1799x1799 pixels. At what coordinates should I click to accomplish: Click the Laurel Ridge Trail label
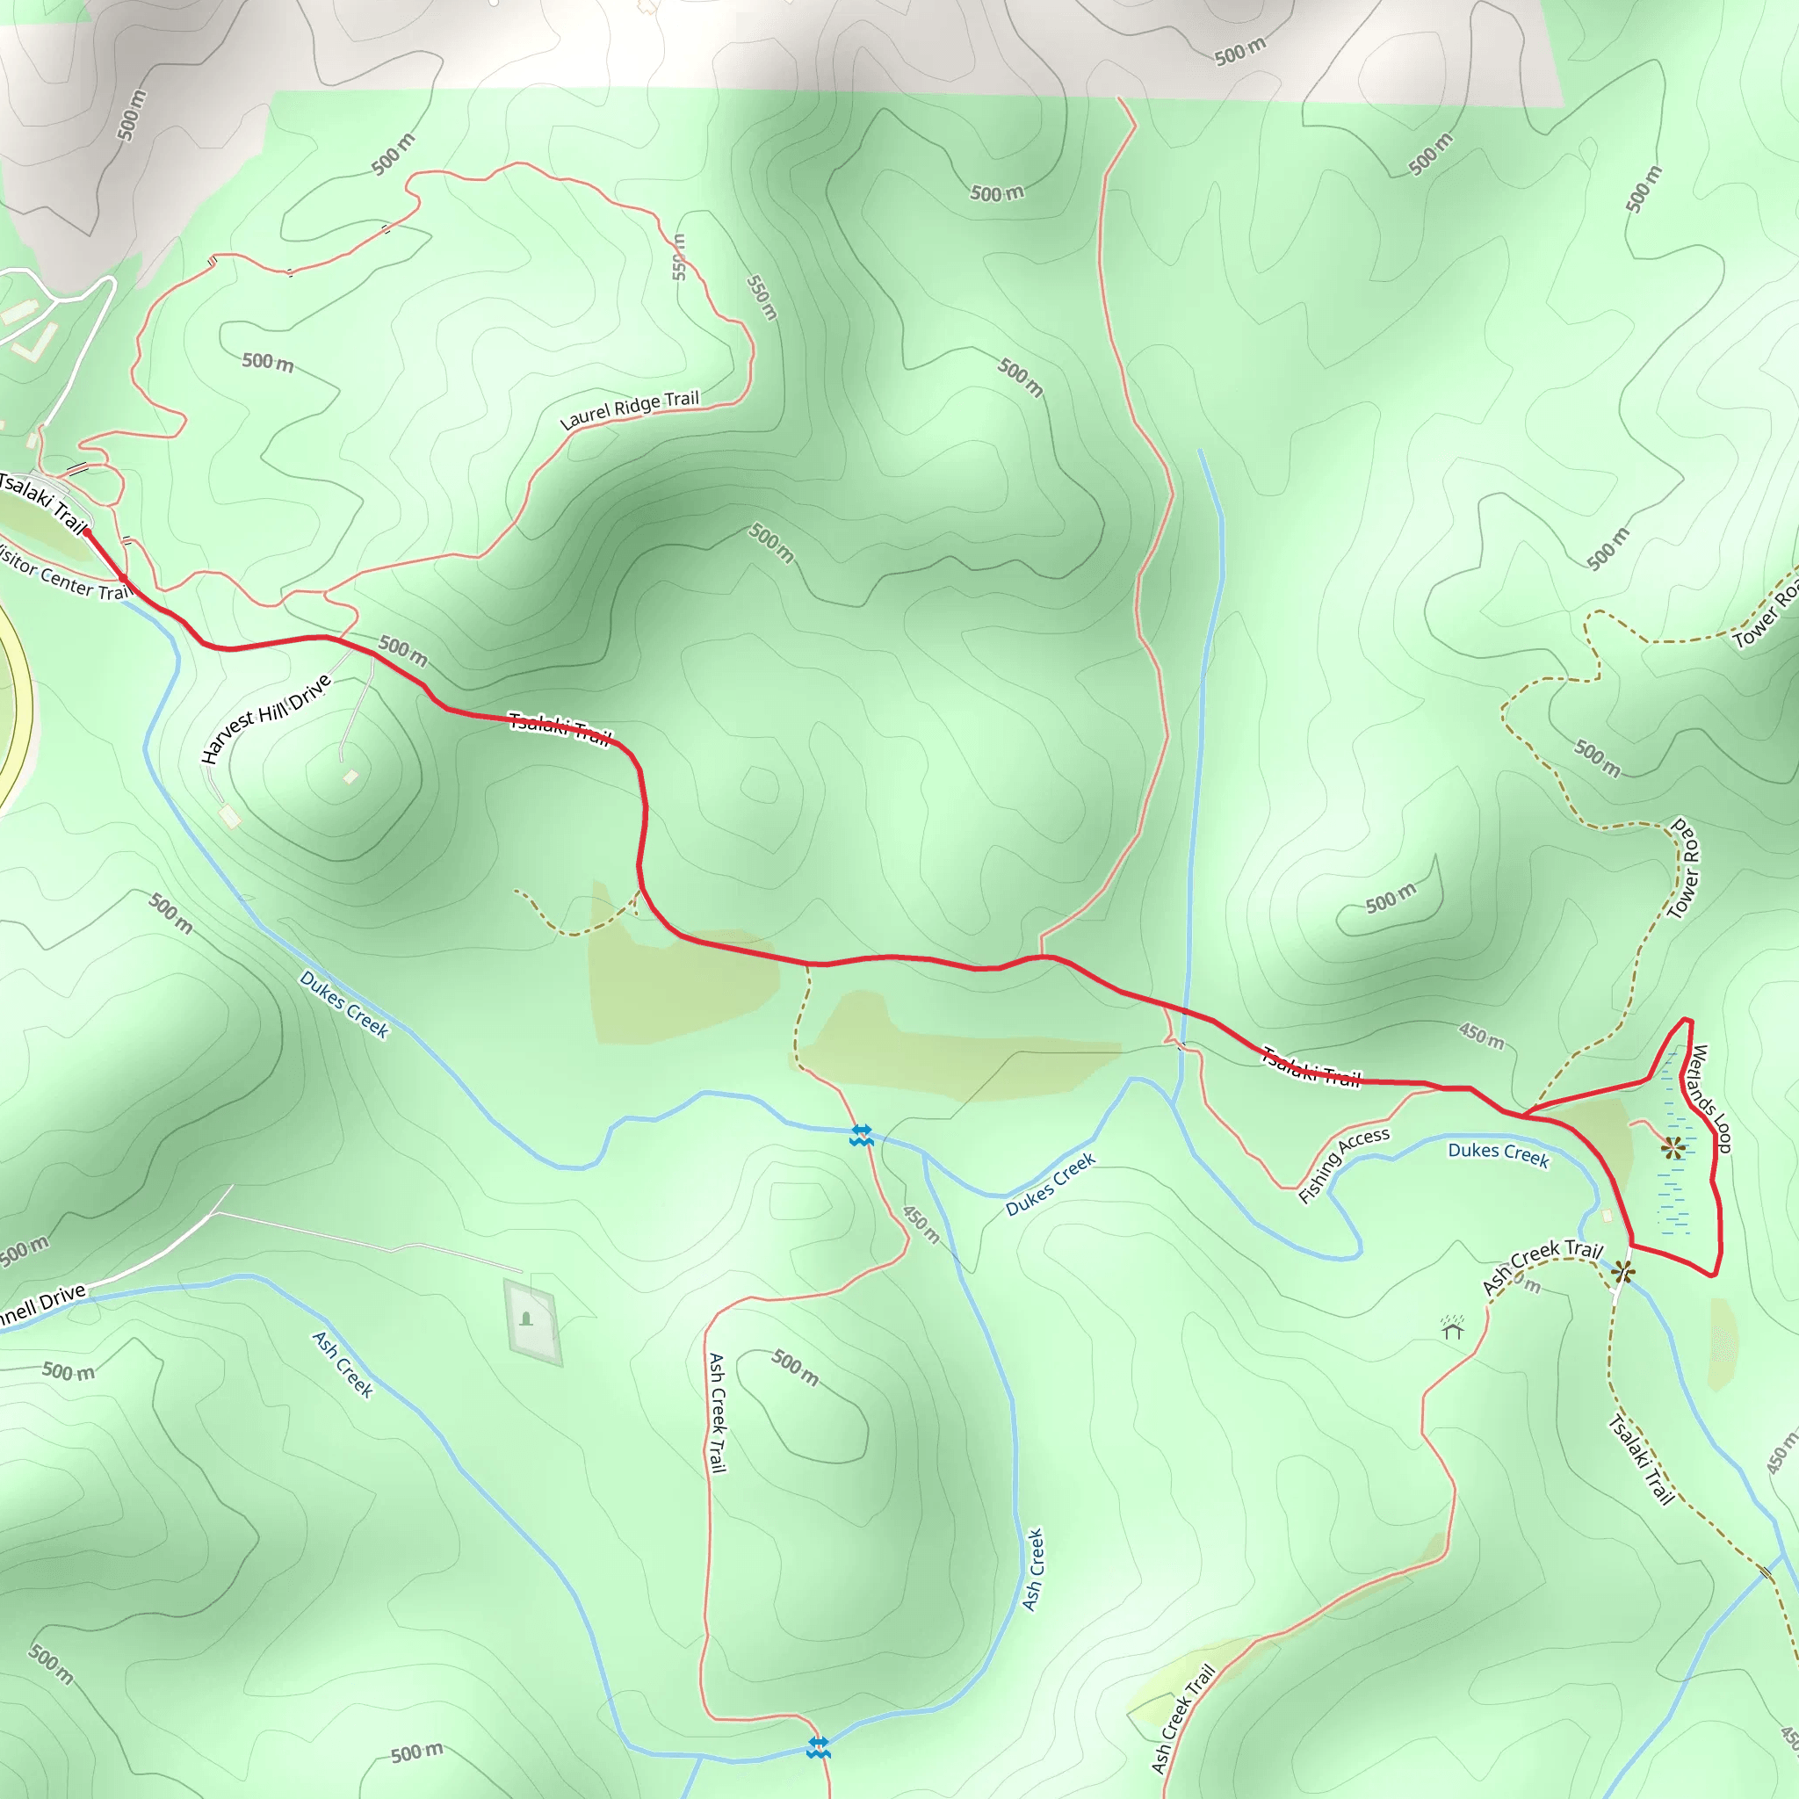click(x=630, y=409)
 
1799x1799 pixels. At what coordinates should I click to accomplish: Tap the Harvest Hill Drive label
click(x=267, y=719)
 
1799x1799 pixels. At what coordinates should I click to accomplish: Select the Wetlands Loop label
click(x=1710, y=1099)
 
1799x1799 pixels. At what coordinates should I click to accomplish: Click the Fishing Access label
click(x=1344, y=1164)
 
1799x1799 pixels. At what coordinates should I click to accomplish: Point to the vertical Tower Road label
click(x=1685, y=869)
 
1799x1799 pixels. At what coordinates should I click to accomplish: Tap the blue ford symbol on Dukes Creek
click(x=862, y=1135)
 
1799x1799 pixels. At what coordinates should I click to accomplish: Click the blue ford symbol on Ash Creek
click(x=819, y=1748)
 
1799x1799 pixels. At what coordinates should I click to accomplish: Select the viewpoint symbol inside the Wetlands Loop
click(x=1673, y=1148)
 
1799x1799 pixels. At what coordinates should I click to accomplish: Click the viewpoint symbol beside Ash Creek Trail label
click(x=1623, y=1272)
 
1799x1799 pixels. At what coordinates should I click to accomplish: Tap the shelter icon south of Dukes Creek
click(x=1453, y=1327)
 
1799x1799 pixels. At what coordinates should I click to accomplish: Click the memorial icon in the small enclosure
click(x=527, y=1318)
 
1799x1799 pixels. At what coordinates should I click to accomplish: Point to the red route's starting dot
click(x=87, y=531)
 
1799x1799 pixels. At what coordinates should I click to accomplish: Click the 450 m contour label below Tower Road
click(x=1480, y=1035)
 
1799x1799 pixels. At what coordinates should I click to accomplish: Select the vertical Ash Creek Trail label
click(x=717, y=1412)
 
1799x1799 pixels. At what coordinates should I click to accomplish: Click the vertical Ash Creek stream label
click(x=1034, y=1569)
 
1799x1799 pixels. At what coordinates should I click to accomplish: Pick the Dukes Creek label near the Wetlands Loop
click(x=1499, y=1154)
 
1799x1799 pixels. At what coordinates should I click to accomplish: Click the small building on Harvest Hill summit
click(x=351, y=777)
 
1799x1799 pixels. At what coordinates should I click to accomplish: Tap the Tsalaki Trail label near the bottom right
click(x=1643, y=1459)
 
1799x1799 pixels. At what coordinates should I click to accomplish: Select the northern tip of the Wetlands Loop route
click(x=1687, y=1020)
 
